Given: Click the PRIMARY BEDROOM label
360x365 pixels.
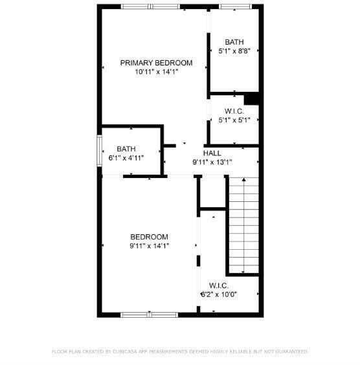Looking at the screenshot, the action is (x=156, y=63).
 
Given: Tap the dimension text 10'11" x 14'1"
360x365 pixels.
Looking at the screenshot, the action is (x=157, y=72).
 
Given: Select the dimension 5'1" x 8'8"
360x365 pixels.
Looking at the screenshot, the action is (x=234, y=50).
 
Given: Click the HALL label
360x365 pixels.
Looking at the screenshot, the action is (x=212, y=153).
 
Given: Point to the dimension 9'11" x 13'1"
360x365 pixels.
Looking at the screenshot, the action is (x=212, y=162).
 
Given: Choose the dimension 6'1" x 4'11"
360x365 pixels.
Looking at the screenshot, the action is (x=126, y=158).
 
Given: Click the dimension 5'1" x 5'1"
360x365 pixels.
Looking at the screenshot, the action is (x=234, y=120).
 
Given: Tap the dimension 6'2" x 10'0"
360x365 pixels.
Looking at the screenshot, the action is (x=219, y=294).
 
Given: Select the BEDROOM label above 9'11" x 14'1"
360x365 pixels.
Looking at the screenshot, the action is (x=150, y=237).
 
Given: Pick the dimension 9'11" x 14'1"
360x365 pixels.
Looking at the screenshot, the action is (x=150, y=246).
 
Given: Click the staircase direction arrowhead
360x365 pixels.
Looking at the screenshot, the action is (x=244, y=179).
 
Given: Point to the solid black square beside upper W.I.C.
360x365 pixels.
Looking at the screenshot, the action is (x=251, y=98).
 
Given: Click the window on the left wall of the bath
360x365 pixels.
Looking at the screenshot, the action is (x=100, y=151).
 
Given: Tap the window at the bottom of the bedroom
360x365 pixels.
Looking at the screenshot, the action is (x=150, y=315).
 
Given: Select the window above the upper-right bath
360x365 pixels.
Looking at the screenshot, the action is (x=236, y=6).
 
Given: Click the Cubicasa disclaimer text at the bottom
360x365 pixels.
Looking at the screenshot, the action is (x=180, y=351).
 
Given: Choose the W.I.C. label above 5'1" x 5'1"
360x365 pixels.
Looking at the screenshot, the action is (x=234, y=111).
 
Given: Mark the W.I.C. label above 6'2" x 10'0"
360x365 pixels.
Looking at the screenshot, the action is (x=219, y=285).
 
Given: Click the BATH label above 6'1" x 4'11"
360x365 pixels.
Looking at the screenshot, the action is (x=126, y=149).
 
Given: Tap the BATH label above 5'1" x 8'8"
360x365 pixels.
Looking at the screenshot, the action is (x=234, y=42).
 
